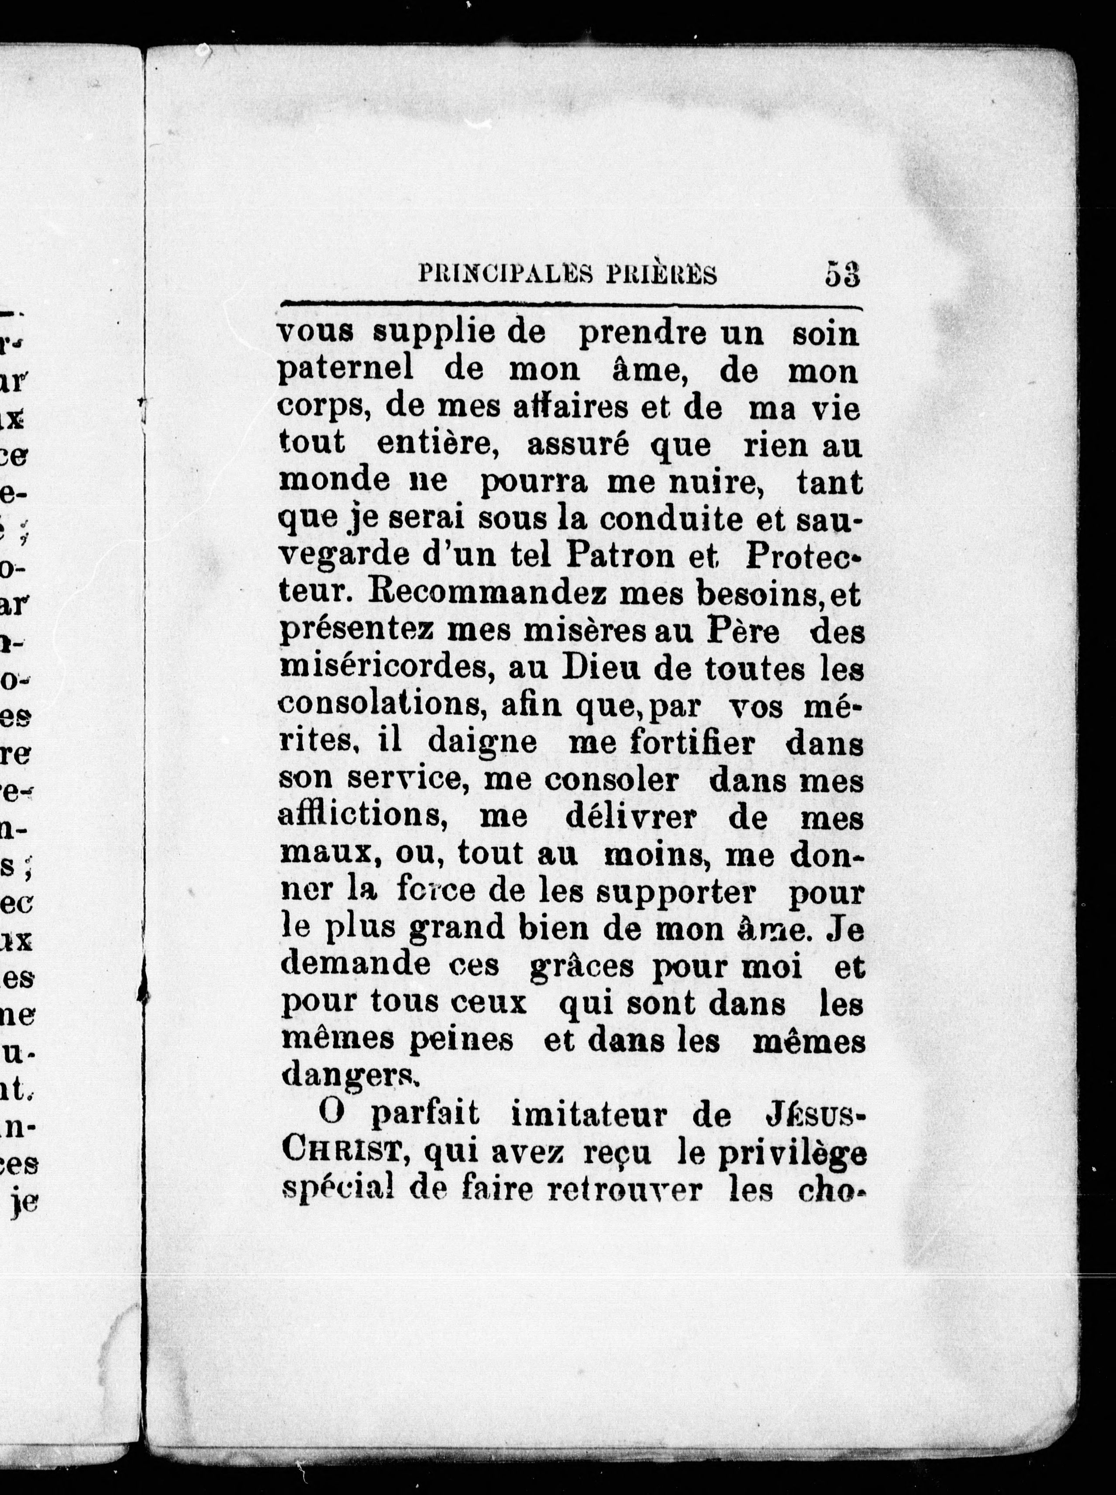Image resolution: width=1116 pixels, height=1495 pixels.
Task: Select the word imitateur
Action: coord(600,1115)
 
